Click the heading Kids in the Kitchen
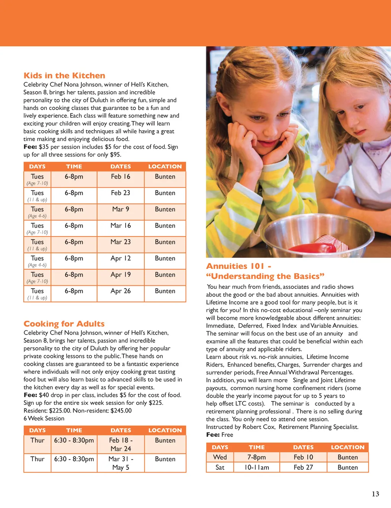pos(64,76)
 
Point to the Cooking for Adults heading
pos(64,324)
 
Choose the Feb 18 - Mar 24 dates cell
pos(121,445)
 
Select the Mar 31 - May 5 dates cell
pos(121,463)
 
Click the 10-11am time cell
pos(257,468)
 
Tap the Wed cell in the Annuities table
pos(220,457)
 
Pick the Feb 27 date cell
pos(303,468)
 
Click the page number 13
pos(375,494)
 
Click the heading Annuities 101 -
pos(239,266)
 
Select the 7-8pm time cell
pos(257,457)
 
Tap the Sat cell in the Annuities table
pos(220,468)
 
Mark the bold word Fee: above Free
pos(213,435)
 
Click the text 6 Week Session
pos(44,419)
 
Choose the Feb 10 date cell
pos(303,457)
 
